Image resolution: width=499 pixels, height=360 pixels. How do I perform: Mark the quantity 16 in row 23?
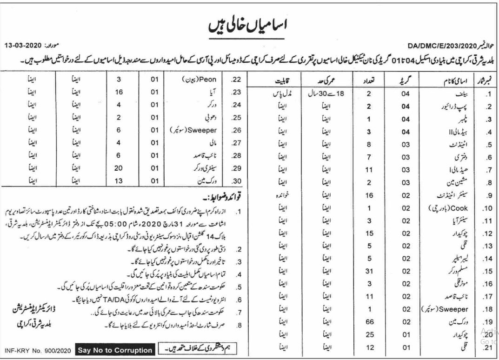[118, 93]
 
